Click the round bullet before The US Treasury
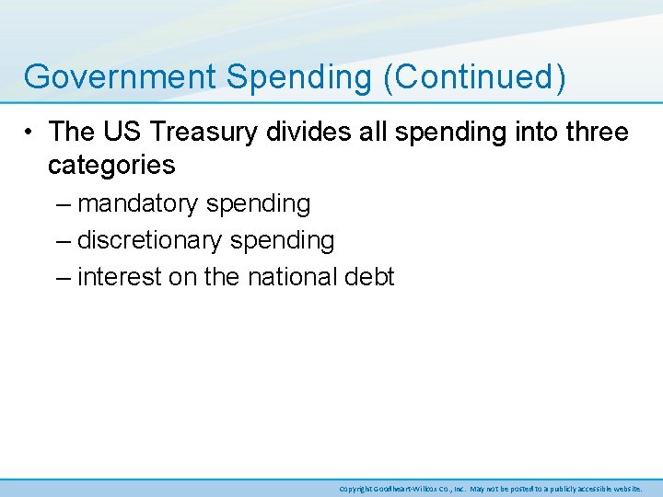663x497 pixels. pos(30,133)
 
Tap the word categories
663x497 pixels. pos(111,165)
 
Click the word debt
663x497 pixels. pos(370,276)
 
